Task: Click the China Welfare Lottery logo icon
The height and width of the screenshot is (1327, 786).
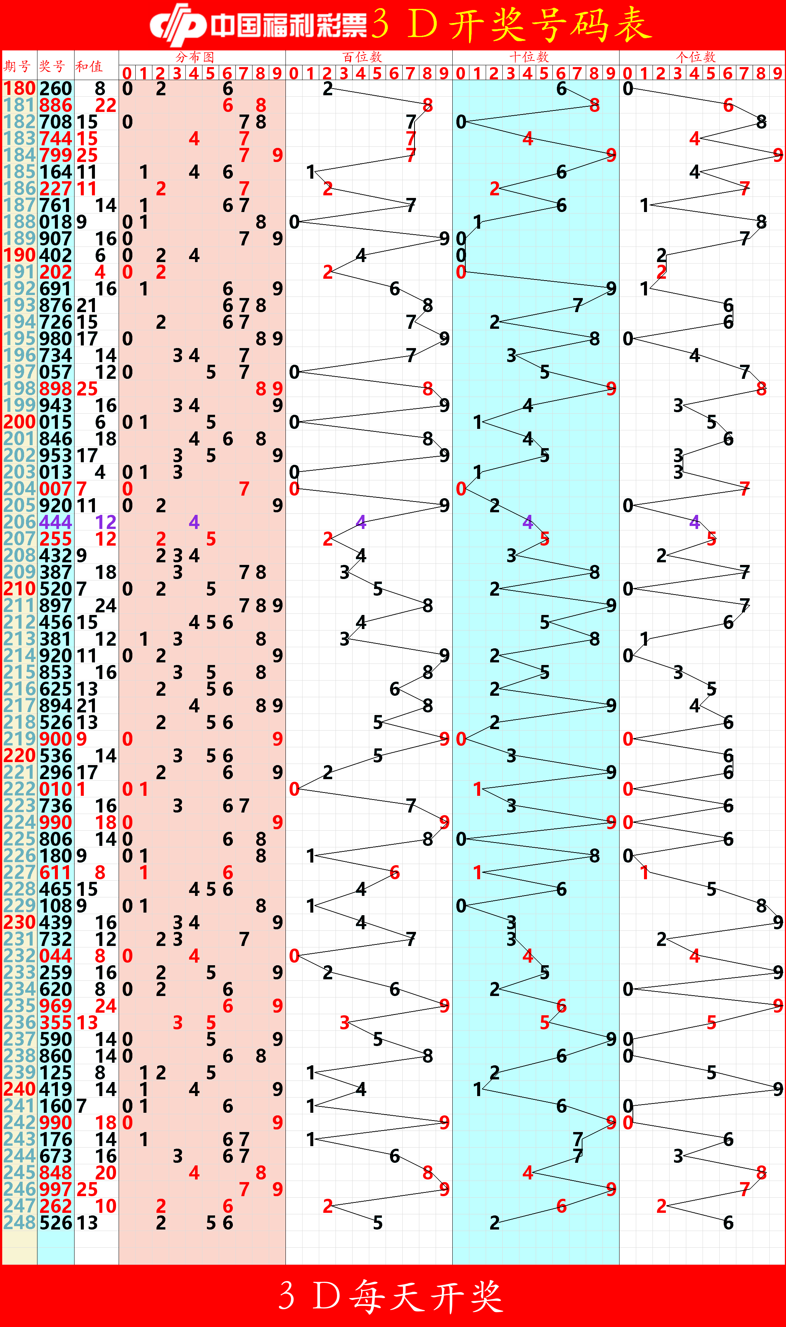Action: pyautogui.click(x=178, y=24)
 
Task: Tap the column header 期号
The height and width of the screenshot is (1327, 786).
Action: pyautogui.click(x=17, y=66)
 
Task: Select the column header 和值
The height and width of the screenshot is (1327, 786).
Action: pyautogui.click(x=89, y=66)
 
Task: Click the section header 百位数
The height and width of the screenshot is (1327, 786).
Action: pyautogui.click(x=362, y=57)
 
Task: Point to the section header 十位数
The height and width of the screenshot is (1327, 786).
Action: pyautogui.click(x=529, y=57)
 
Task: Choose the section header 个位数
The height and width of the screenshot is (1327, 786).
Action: pyautogui.click(x=696, y=57)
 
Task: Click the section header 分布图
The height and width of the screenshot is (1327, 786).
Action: pyautogui.click(x=195, y=57)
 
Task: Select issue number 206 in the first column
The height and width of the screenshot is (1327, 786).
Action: pyautogui.click(x=20, y=522)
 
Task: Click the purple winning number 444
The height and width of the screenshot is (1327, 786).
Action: pyautogui.click(x=56, y=522)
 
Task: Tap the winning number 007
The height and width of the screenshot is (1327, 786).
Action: pyautogui.click(x=56, y=489)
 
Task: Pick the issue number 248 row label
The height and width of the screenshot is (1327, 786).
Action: pyautogui.click(x=20, y=1223)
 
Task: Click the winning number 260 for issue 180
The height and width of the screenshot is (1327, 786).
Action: pyautogui.click(x=56, y=89)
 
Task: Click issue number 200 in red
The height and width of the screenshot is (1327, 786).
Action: pyautogui.click(x=20, y=422)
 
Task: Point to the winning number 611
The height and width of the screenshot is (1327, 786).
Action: pyautogui.click(x=56, y=872)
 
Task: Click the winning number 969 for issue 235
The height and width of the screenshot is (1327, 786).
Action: pyautogui.click(x=56, y=1006)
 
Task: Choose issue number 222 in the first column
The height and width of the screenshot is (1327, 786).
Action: pyautogui.click(x=20, y=789)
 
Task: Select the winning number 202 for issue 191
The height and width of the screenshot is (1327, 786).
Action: pyautogui.click(x=56, y=272)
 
